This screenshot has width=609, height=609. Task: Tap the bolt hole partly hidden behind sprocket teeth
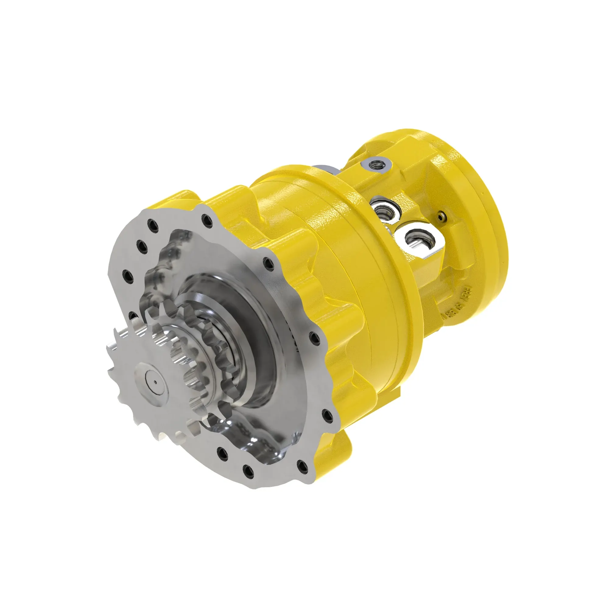(x=133, y=315)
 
